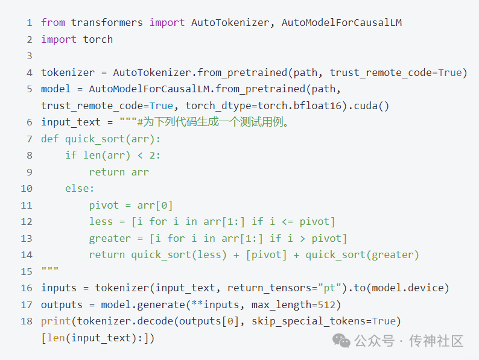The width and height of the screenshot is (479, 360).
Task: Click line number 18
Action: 26,320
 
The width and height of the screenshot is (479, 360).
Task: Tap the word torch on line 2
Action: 98,39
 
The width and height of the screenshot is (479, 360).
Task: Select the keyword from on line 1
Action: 53,23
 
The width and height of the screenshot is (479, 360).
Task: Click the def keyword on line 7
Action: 50,139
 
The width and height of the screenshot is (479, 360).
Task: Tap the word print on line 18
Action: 56,320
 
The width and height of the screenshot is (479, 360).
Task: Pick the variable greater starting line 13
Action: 110,238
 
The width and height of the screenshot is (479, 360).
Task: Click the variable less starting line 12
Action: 101,221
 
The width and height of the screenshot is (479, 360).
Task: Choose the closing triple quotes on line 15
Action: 50,271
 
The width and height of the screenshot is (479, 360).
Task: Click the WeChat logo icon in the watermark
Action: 342,341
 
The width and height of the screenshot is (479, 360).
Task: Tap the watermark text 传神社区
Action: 436,341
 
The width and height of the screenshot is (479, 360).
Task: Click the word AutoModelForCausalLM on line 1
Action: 341,23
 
